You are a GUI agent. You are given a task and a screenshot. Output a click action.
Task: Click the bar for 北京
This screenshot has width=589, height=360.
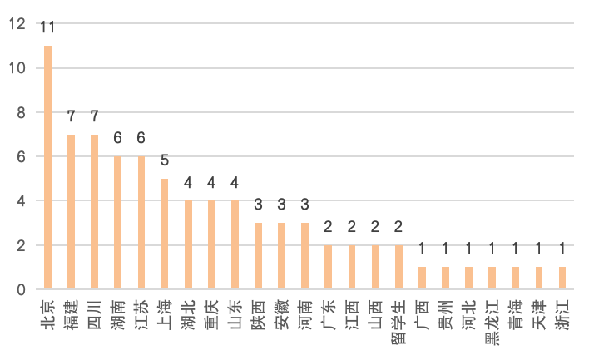47,167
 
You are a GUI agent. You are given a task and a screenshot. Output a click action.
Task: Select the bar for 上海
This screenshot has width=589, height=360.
165,234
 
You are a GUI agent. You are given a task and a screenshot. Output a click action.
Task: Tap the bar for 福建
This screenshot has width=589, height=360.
71,211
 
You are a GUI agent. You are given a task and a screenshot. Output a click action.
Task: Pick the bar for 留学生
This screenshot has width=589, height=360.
399,267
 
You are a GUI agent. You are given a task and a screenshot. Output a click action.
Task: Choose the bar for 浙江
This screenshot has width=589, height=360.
563,278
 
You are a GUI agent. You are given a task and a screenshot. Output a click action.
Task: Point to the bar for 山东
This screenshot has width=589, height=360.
235,244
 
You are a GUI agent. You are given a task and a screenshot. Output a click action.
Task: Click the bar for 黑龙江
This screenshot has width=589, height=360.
492,278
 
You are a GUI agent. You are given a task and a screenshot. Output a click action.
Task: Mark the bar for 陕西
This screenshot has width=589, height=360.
259,256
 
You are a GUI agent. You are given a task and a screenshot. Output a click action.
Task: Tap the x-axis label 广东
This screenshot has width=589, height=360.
329,313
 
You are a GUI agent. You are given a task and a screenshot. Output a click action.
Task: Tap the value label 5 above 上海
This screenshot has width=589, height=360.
165,160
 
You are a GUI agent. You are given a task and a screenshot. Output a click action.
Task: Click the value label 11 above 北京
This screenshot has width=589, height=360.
47,28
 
